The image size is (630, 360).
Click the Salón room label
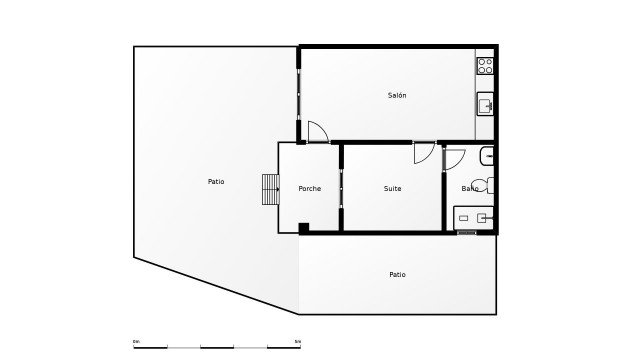[397, 95]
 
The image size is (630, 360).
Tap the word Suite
[393, 188]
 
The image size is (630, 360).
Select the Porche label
[310, 188]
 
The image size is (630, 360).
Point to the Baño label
[470, 188]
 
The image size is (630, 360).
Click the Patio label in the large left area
[216, 181]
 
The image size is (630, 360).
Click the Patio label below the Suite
[397, 274]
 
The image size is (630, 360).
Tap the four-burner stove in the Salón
[485, 66]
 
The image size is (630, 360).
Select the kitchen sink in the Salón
[485, 103]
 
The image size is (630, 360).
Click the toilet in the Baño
[482, 185]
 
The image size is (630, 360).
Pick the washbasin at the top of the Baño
[487, 155]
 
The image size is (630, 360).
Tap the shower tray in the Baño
[473, 217]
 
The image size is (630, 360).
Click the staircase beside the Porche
[270, 189]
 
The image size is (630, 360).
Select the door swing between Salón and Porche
[317, 132]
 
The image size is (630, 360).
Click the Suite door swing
[424, 153]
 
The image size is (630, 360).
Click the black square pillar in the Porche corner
[304, 229]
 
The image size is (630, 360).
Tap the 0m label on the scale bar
[136, 341]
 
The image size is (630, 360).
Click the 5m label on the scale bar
[297, 341]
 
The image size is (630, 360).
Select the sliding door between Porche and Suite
[341, 188]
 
